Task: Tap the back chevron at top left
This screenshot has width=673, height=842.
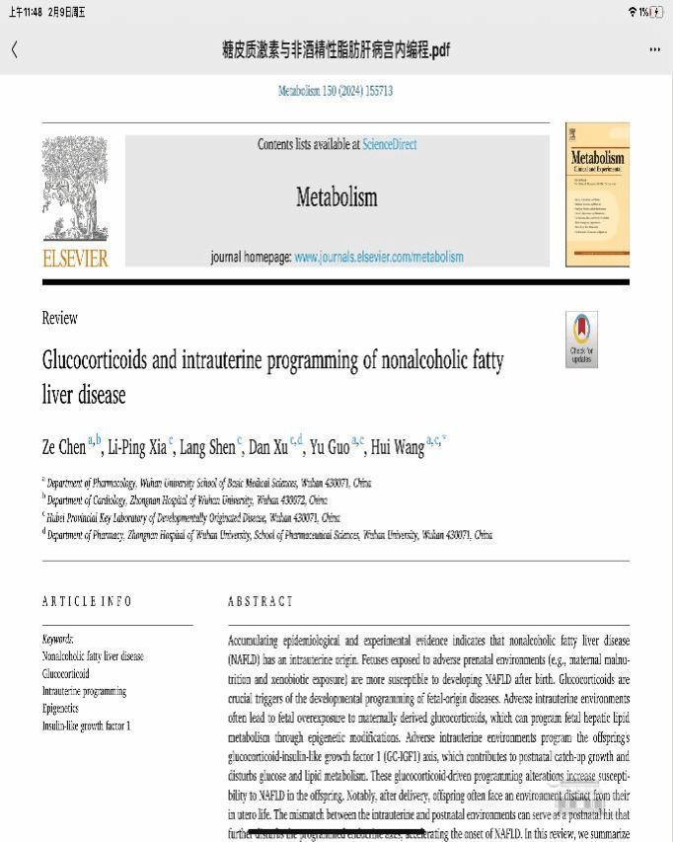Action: click(x=14, y=49)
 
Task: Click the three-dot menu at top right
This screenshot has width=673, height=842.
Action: click(x=654, y=49)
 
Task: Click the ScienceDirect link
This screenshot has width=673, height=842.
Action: click(x=389, y=144)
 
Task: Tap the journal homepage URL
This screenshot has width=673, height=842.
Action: click(x=378, y=257)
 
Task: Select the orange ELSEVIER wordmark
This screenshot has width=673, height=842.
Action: click(x=75, y=258)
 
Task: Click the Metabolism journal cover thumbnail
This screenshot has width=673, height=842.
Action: click(x=597, y=194)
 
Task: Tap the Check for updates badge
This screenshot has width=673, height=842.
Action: click(x=581, y=340)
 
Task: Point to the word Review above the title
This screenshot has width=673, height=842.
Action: click(x=59, y=318)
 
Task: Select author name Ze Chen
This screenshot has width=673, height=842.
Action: click(x=64, y=447)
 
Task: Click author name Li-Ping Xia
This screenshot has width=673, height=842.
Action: click(x=137, y=447)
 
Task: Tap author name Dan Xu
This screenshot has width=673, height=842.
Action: click(x=267, y=447)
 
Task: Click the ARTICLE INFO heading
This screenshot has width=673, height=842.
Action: click(x=87, y=601)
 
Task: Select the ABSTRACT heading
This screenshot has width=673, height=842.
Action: click(x=261, y=601)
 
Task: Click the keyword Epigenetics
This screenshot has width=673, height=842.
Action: click(x=60, y=709)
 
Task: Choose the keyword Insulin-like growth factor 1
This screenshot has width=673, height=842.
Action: click(x=86, y=726)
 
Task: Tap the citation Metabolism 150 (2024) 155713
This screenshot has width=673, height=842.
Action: click(x=336, y=91)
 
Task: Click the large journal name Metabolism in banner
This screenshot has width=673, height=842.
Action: click(x=336, y=196)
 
